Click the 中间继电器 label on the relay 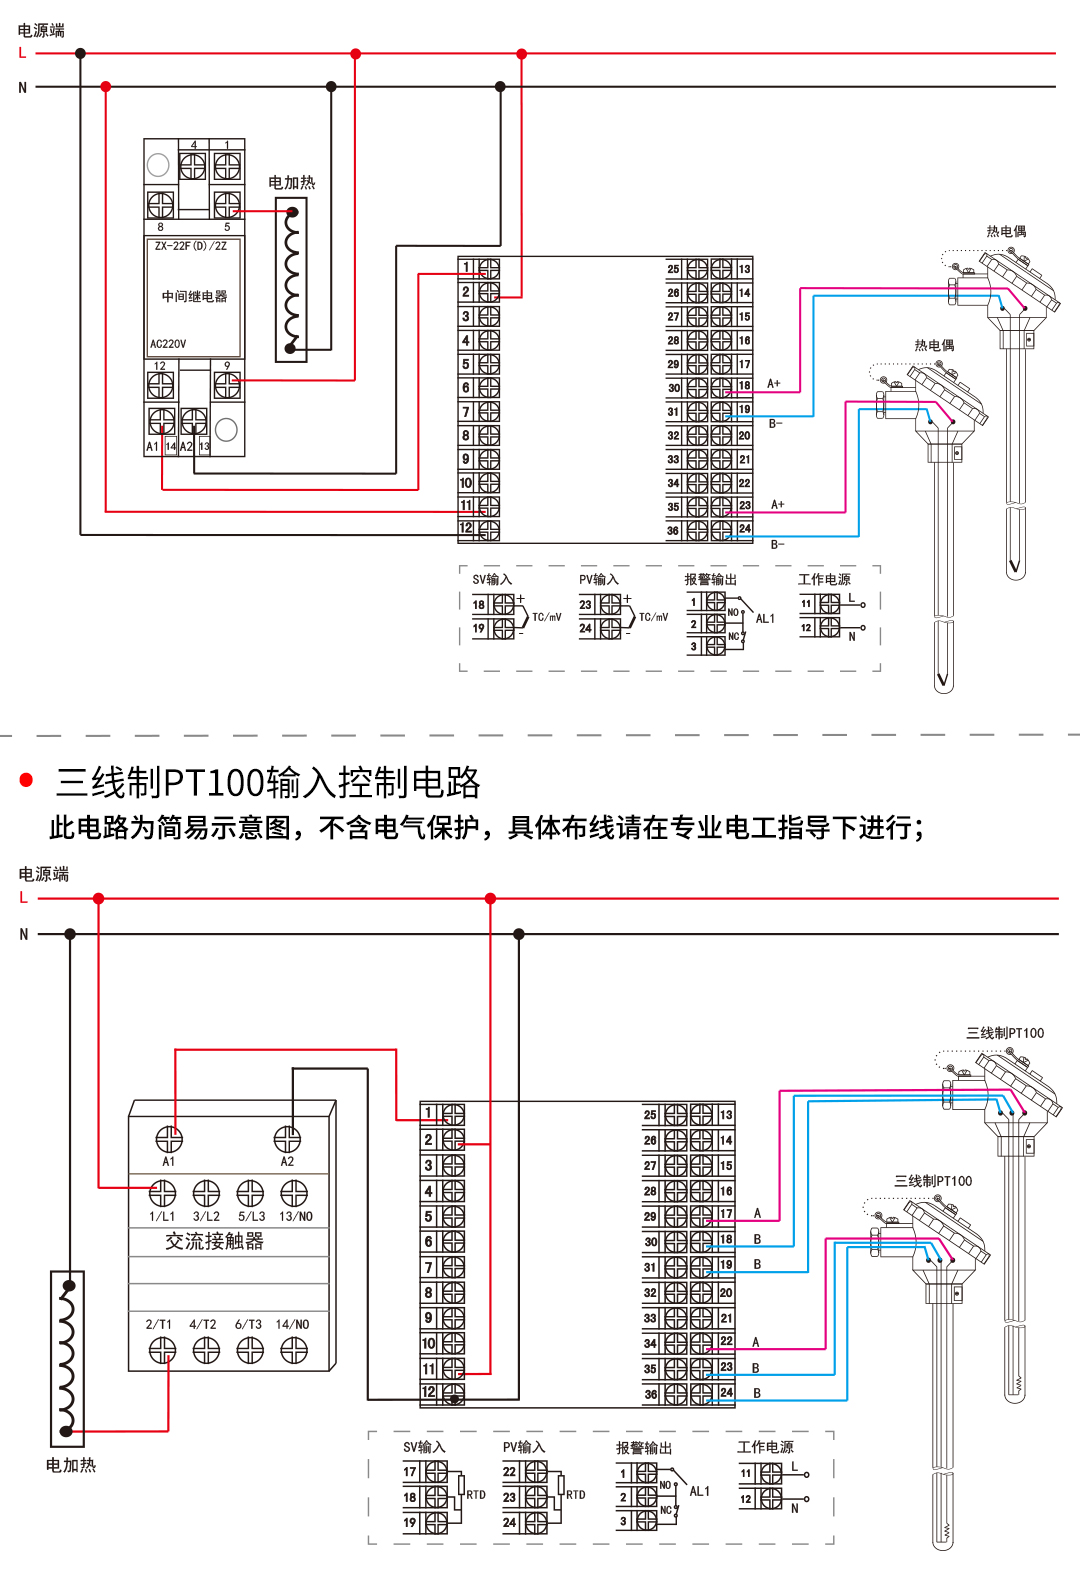[x=194, y=296]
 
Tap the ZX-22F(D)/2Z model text [x=190, y=246]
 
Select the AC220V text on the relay [x=168, y=344]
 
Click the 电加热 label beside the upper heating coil [x=291, y=182]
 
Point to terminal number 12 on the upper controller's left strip [x=466, y=528]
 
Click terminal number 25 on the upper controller [x=673, y=269]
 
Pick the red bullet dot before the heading [x=27, y=780]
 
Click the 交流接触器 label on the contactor [x=214, y=1241]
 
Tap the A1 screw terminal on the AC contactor [x=169, y=1139]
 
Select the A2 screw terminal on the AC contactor [x=287, y=1139]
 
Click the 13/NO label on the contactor [x=295, y=1217]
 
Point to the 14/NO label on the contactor [x=292, y=1324]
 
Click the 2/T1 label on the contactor [x=159, y=1324]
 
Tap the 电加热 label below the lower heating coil [x=71, y=1465]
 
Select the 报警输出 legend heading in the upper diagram [x=710, y=579]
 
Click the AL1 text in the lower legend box [x=700, y=1491]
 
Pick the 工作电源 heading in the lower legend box [x=765, y=1447]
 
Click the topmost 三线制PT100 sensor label [x=1004, y=1033]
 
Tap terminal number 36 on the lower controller [x=650, y=1394]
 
